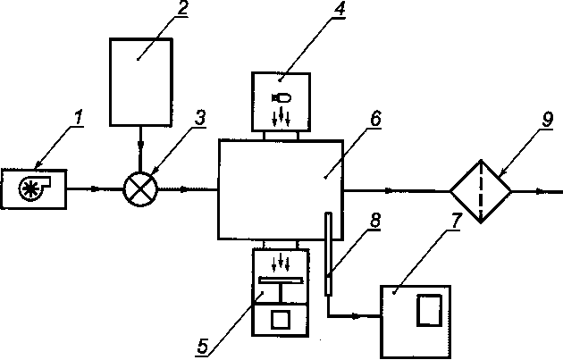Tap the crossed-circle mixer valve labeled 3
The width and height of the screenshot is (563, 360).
point(139,188)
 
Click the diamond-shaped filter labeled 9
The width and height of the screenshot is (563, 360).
point(480,189)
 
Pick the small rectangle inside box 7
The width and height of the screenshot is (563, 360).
point(428,308)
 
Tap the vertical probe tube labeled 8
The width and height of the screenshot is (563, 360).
point(328,254)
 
